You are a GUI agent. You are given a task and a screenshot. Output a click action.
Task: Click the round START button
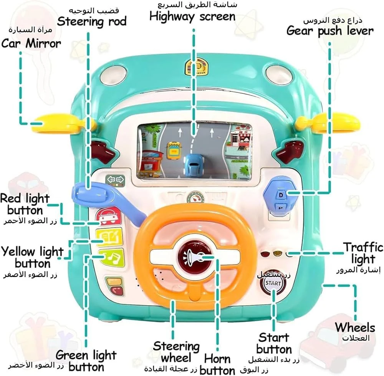point(273,284)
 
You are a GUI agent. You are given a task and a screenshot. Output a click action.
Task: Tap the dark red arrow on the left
point(103,151)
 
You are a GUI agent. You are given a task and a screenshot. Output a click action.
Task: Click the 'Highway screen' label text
point(192,17)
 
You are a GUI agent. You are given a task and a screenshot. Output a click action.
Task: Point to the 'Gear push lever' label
point(330,31)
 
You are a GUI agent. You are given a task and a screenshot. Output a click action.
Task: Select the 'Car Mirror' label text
point(31,43)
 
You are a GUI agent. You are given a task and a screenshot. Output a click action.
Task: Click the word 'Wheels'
point(355,328)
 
